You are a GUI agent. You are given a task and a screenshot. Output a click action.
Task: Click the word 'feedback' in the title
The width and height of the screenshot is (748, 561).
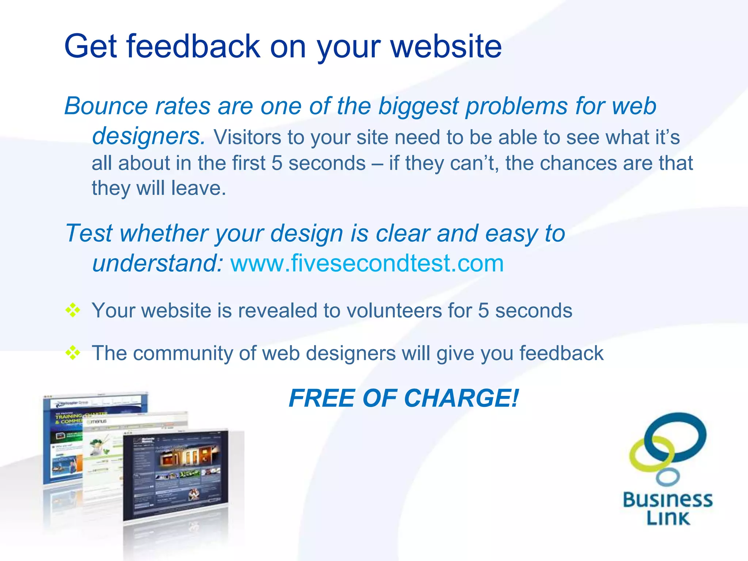[x=193, y=46]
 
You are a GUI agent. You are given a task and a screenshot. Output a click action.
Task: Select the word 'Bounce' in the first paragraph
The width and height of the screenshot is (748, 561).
[x=106, y=106]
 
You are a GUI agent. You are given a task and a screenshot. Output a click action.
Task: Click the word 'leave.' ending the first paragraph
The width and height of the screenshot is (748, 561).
[x=199, y=188]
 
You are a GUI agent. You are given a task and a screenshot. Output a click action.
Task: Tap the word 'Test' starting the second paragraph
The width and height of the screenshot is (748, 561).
[x=89, y=233]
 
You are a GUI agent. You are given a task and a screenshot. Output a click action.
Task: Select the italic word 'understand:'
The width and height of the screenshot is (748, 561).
[x=157, y=263]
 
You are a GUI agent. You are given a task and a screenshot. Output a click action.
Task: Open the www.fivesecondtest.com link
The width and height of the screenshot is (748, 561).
[x=367, y=263]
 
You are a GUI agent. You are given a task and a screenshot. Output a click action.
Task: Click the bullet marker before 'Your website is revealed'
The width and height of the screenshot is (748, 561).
[x=73, y=310]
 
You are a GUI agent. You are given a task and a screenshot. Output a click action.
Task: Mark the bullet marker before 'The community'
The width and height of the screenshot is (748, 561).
[x=73, y=353]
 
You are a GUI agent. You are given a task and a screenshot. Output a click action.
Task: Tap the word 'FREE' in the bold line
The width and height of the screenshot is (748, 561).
[x=321, y=398]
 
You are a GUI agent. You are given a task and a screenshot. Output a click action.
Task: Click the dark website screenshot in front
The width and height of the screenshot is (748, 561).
[x=175, y=475]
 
